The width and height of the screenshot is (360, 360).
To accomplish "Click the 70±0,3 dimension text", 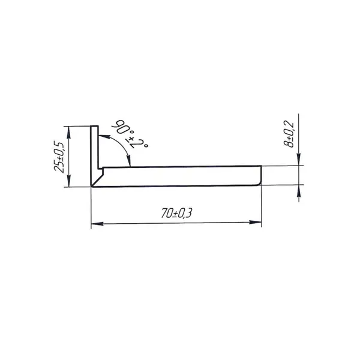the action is [176, 213].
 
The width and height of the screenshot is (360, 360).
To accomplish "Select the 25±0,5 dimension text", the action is [59, 157].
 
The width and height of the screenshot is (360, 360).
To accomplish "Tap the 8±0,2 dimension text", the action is [289, 134].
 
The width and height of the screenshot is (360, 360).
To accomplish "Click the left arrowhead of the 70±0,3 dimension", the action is [97, 223].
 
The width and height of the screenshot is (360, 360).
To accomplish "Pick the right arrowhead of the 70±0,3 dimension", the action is [256, 222].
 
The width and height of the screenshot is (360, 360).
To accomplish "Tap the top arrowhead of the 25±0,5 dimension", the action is [68, 133].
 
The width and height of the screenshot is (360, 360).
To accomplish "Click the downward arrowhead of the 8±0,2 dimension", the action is [298, 160].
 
